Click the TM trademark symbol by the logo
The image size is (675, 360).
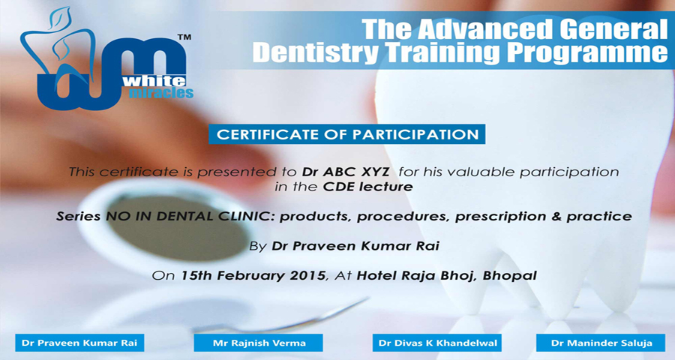(x=184, y=37)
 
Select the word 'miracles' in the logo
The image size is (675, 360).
(x=161, y=92)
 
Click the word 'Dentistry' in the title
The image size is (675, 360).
(x=316, y=52)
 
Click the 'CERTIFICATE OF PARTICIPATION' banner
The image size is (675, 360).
(x=347, y=134)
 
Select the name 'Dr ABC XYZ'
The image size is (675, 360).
(x=346, y=172)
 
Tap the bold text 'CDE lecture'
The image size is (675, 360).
(x=367, y=187)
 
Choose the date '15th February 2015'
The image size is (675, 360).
(x=253, y=275)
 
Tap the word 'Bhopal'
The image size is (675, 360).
(x=510, y=275)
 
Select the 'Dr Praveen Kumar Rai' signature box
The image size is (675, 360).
(x=79, y=343)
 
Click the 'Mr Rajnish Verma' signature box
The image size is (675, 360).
(x=258, y=343)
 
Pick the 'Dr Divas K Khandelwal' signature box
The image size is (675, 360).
(x=437, y=343)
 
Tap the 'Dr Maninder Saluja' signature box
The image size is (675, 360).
(x=601, y=343)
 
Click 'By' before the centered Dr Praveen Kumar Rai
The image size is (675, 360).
(x=258, y=247)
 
